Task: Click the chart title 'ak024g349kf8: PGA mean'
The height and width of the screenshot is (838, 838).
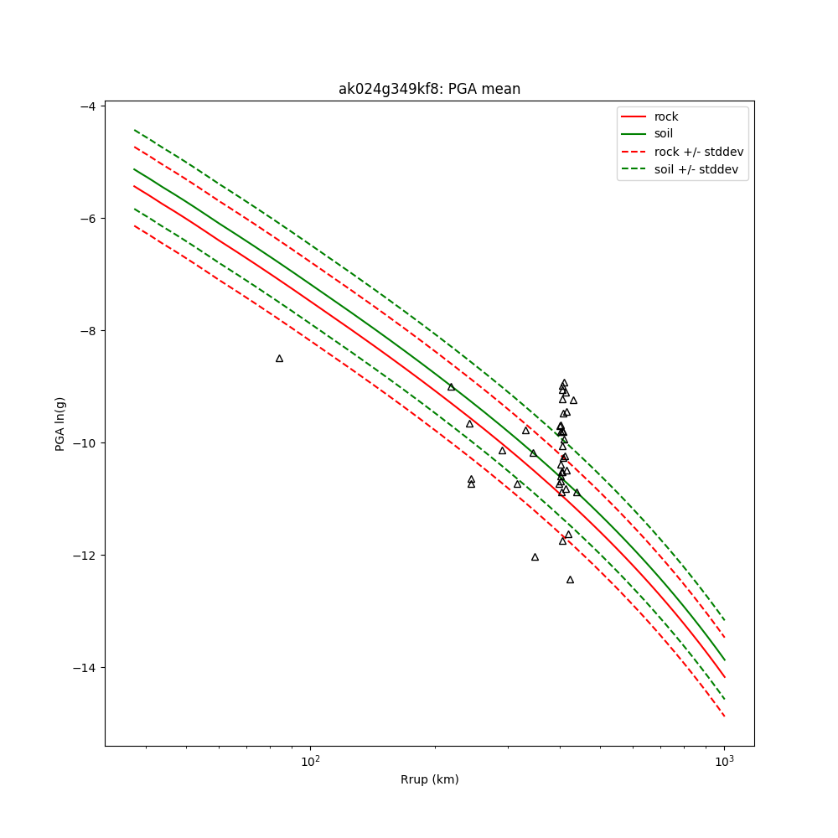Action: tap(429, 89)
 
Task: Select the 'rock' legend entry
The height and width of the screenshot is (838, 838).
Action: tap(666, 116)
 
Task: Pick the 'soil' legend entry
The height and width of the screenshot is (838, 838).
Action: tap(664, 133)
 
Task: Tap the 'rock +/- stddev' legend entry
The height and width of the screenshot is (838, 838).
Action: tap(699, 152)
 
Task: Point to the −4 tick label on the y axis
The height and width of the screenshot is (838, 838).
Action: tap(86, 106)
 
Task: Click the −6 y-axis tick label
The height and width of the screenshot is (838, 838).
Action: tap(86, 218)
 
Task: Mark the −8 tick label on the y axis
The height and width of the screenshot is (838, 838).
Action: tap(86, 330)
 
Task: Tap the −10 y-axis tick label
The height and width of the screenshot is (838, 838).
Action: tap(83, 442)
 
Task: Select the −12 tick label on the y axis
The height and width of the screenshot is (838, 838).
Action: tap(83, 555)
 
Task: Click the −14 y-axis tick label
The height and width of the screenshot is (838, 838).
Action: tap(83, 667)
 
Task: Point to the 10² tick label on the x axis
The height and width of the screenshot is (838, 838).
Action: tap(310, 760)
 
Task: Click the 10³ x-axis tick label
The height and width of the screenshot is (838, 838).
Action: tap(724, 760)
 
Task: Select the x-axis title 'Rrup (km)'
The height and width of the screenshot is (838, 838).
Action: tap(429, 779)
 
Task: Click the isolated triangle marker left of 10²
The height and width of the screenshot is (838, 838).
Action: tap(279, 359)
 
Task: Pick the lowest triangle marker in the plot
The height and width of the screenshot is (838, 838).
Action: tap(570, 580)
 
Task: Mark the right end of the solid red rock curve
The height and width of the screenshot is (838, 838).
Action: tap(724, 677)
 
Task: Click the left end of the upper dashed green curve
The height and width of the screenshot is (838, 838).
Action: tap(134, 130)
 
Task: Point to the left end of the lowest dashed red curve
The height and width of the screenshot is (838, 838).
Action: tap(134, 225)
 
